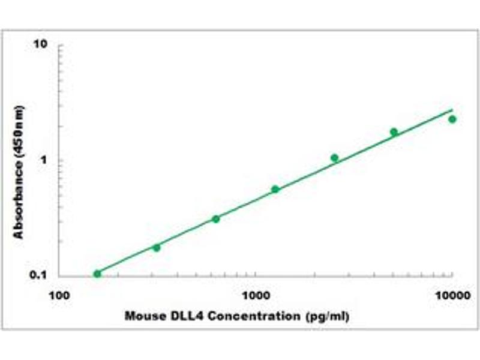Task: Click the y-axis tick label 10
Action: [41, 45]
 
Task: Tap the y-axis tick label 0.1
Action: [39, 275]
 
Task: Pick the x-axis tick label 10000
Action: [451, 295]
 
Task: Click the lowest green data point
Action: [97, 274]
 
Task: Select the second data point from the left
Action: [157, 247]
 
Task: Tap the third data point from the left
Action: [216, 219]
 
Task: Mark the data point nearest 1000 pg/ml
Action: [275, 189]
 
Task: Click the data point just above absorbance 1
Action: [334, 158]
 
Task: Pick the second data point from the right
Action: [394, 132]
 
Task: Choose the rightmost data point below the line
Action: [452, 119]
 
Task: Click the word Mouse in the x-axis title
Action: [142, 316]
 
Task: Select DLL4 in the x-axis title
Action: [178, 316]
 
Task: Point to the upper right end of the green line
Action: [452, 110]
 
